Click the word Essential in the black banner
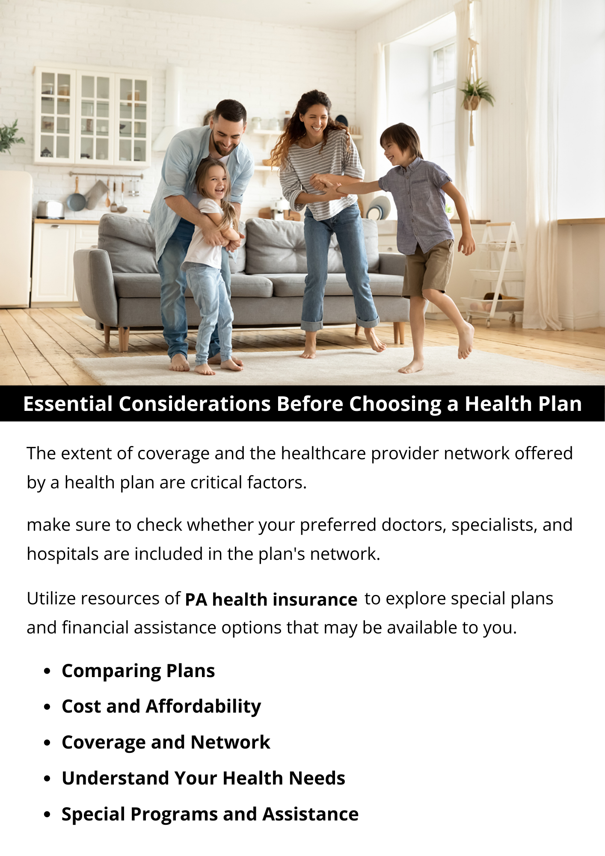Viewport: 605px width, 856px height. point(68,404)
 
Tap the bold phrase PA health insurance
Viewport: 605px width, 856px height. point(271,600)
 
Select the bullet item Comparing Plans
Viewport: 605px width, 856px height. point(138,671)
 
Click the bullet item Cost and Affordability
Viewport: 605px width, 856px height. point(161,707)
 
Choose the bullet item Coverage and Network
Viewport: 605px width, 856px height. point(166,742)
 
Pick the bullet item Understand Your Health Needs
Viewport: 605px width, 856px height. point(203,778)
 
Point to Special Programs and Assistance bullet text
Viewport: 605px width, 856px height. point(210,814)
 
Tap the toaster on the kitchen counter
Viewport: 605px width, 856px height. point(50,209)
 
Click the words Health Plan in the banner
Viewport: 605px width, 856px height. point(523,404)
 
